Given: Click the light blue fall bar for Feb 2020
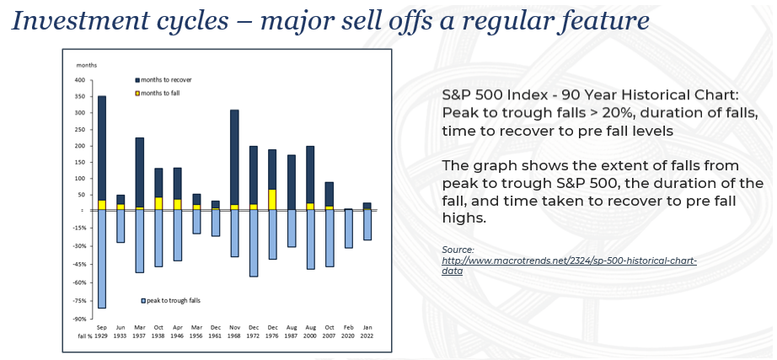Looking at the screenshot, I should pyautogui.click(x=348, y=228).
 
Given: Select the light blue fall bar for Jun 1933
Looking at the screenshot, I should pyautogui.click(x=121, y=226).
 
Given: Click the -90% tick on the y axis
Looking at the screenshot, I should pyautogui.click(x=79, y=319).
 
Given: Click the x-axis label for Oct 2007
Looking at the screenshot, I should pyautogui.click(x=329, y=331).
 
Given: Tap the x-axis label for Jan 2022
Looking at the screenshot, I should pyautogui.click(x=367, y=331).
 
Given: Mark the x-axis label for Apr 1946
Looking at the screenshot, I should pyautogui.click(x=177, y=331).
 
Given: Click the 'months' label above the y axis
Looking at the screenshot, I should pyautogui.click(x=87, y=65).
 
